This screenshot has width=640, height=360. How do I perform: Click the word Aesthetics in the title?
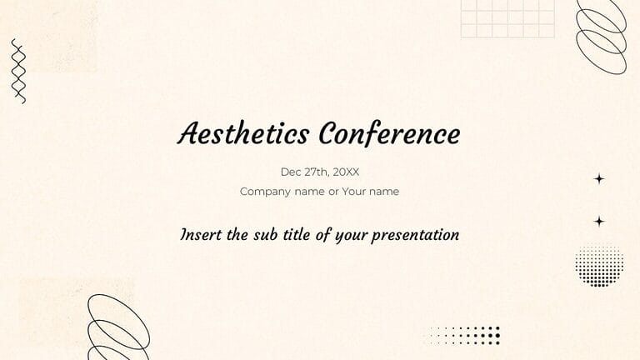[x=243, y=133]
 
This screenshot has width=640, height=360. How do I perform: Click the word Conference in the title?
[x=389, y=133]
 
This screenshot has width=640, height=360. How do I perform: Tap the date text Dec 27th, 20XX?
[x=320, y=172]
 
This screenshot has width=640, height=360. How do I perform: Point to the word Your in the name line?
[x=353, y=192]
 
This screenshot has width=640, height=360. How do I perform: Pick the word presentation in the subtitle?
[x=416, y=235]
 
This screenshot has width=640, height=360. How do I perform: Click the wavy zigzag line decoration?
[x=18, y=72]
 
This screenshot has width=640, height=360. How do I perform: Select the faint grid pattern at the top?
[x=507, y=19]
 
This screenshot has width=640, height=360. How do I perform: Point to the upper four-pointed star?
[x=599, y=179]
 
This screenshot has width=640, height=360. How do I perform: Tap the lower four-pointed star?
[x=599, y=221]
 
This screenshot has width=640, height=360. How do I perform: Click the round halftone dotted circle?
[x=599, y=264]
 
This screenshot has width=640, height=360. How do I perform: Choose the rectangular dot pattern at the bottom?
[x=464, y=335]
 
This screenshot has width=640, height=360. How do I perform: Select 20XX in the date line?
[x=346, y=172]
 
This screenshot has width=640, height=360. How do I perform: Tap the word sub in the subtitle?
[x=265, y=235]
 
